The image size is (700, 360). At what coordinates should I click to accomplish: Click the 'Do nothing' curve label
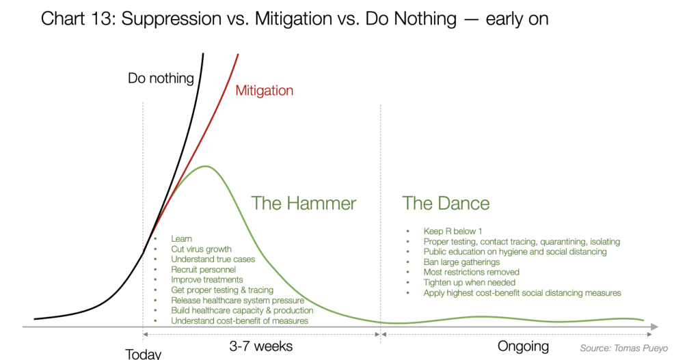pyautogui.click(x=161, y=79)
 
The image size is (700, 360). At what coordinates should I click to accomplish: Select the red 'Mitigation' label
pyautogui.click(x=265, y=91)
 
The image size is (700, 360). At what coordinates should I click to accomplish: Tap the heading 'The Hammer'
pyautogui.click(x=304, y=204)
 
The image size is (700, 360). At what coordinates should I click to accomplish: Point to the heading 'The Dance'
pyautogui.click(x=446, y=204)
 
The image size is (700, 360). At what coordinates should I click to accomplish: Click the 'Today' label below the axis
pyautogui.click(x=143, y=354)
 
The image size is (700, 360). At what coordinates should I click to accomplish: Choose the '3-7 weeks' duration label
pyautogui.click(x=261, y=346)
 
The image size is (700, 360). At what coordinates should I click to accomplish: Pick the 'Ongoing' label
pyautogui.click(x=523, y=346)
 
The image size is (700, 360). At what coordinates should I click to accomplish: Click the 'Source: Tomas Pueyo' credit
pyautogui.click(x=624, y=348)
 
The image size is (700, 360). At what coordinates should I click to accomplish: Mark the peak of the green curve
pyautogui.click(x=206, y=167)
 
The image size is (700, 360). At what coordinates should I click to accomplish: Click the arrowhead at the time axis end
pyautogui.click(x=655, y=327)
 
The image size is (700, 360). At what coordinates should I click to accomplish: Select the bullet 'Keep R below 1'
pyautogui.click(x=453, y=231)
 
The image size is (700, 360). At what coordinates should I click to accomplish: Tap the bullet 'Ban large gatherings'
pyautogui.click(x=461, y=262)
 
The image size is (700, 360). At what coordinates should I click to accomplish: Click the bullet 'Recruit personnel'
pyautogui.click(x=203, y=269)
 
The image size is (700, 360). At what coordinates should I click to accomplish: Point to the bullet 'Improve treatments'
pyautogui.click(x=206, y=279)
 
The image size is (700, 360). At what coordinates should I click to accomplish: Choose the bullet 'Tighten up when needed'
pyautogui.click(x=469, y=282)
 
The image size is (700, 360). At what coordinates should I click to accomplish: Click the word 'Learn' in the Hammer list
pyautogui.click(x=181, y=238)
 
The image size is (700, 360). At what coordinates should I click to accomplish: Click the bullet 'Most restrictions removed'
pyautogui.click(x=472, y=272)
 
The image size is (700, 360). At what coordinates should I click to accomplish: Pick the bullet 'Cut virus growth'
pyautogui.click(x=202, y=249)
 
